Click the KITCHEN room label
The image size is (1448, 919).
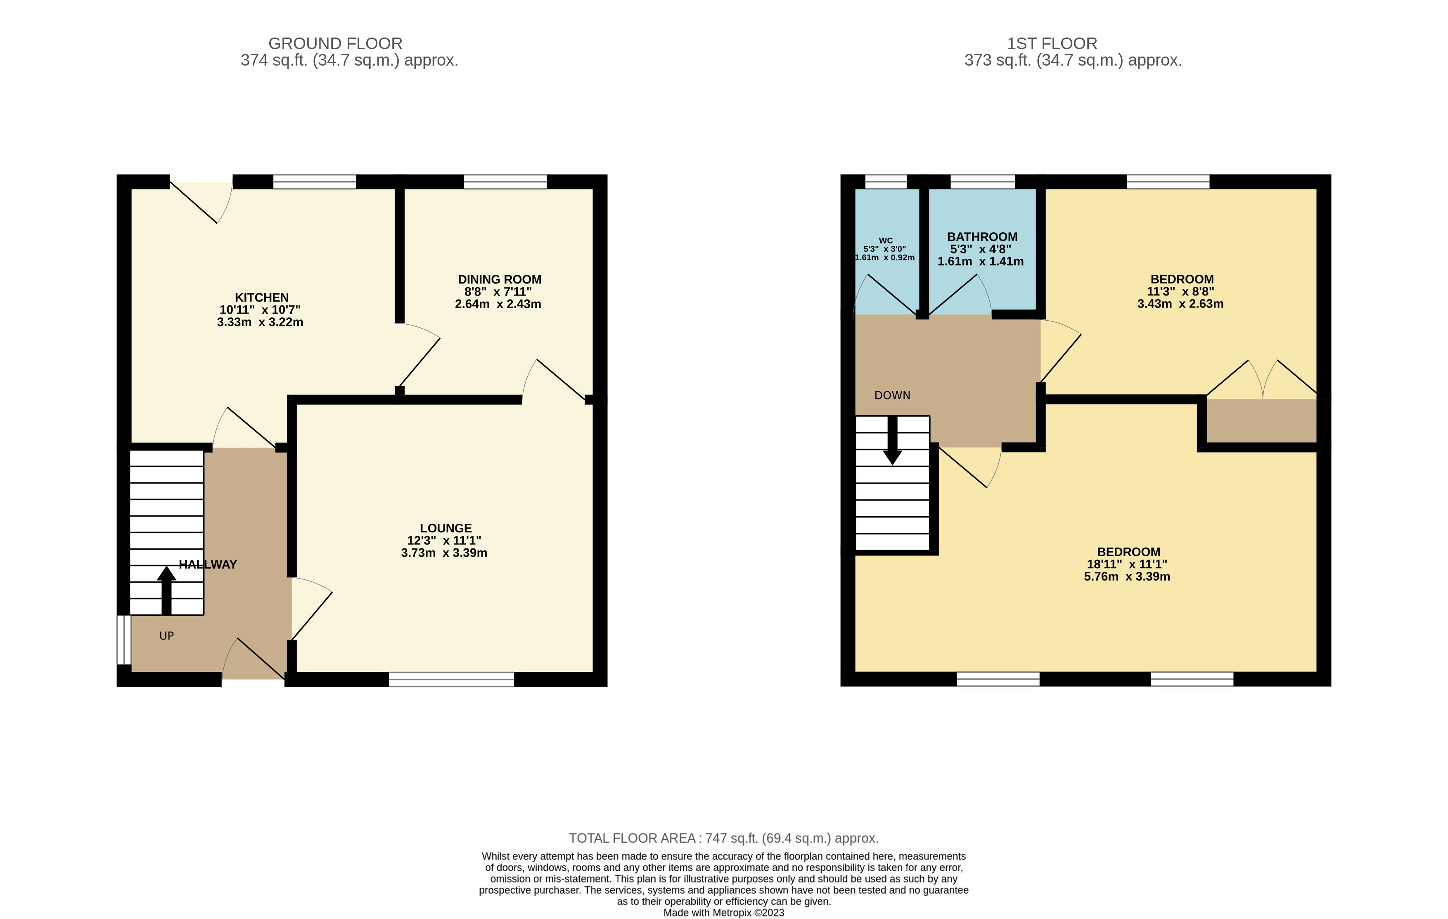(262, 298)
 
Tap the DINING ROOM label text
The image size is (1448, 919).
(499, 279)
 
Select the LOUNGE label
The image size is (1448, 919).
(446, 528)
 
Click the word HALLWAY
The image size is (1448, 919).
(208, 565)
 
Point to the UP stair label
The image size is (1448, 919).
(166, 636)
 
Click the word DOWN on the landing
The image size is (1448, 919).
(892, 395)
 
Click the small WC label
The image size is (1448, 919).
(886, 241)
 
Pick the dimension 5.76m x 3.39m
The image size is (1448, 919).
(1127, 576)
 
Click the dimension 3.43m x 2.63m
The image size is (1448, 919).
(1180, 304)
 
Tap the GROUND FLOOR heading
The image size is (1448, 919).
(335, 43)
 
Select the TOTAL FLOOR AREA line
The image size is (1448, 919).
(723, 838)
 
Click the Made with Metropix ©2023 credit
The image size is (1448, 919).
(723, 912)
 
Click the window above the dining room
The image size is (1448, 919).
(505, 182)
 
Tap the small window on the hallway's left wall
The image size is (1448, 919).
(124, 640)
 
